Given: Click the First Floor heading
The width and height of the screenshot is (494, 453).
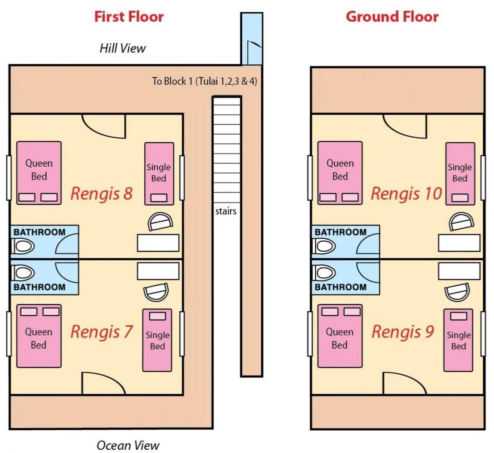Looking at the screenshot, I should click(129, 17).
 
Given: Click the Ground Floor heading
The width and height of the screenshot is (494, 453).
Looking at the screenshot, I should click(392, 17).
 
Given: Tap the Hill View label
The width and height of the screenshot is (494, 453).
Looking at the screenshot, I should click(122, 48).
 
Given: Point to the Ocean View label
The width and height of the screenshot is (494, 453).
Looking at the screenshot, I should click(128, 445).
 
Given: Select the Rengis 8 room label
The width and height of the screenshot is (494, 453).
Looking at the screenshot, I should click(101, 194).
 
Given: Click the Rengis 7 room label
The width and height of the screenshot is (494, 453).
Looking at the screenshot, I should click(101, 332).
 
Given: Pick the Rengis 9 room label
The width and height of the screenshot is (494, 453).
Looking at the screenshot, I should click(402, 332).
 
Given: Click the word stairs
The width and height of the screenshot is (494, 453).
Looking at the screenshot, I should click(226, 211).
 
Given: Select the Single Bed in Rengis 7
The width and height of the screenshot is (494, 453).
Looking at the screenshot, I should click(157, 340).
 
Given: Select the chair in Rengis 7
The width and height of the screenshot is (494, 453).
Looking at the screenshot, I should click(156, 292).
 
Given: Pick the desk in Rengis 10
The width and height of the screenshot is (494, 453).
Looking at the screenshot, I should click(459, 243).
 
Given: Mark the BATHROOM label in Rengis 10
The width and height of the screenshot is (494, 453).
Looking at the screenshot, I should click(340, 232).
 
